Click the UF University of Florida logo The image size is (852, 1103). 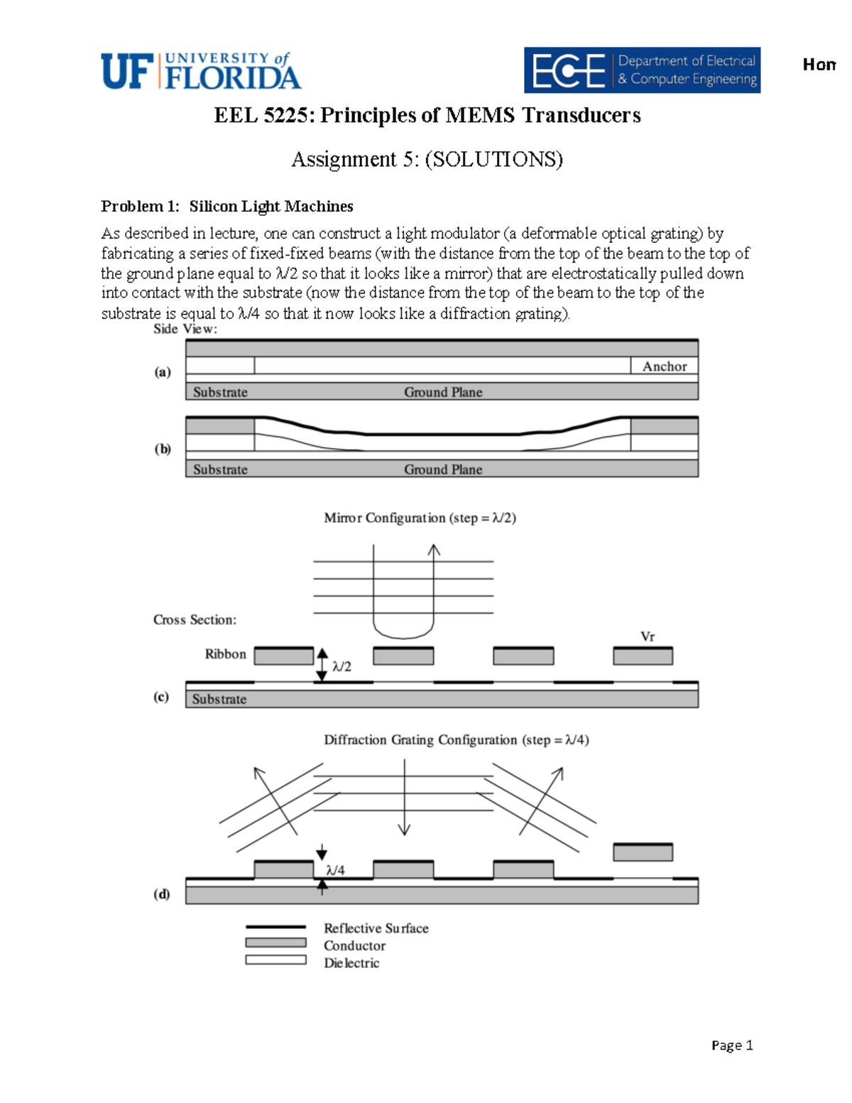point(201,71)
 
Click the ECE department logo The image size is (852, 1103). point(642,70)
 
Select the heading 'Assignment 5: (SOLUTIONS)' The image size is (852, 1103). point(427,159)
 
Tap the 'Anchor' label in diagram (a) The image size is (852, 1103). point(664,366)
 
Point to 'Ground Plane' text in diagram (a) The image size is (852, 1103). point(443,392)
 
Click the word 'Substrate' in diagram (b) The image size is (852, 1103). point(220,469)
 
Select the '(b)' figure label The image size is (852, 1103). point(163,449)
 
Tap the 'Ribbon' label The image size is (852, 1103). point(225,654)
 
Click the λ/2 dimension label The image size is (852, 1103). point(342,666)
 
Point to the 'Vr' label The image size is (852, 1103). point(647,636)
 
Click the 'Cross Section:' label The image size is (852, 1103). point(195,620)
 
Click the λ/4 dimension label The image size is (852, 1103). point(335,870)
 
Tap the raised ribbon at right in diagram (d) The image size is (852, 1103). point(643,852)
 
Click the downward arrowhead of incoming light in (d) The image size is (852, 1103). point(404,829)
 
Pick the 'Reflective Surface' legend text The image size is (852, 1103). point(376,928)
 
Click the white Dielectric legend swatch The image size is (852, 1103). point(275,960)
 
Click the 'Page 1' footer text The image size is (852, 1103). point(731,1045)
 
